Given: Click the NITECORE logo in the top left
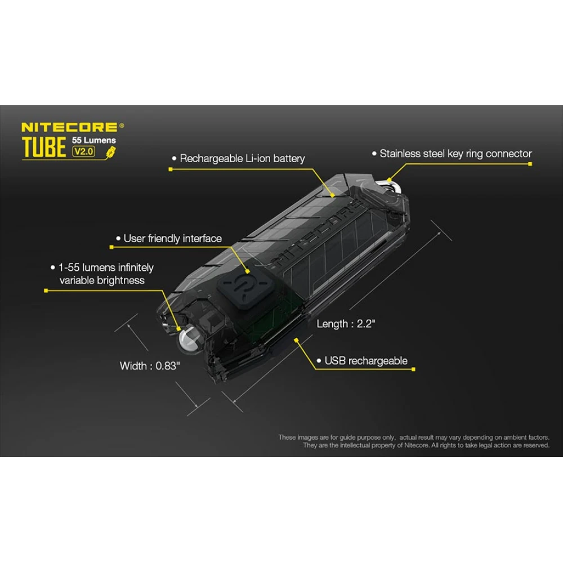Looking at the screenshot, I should tap(69, 128).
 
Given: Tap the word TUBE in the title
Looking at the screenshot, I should tap(44, 148).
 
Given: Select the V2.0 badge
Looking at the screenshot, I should tap(84, 151).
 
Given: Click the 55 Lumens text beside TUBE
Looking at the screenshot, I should tap(94, 140).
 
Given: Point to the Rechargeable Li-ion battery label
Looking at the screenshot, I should tap(242, 158).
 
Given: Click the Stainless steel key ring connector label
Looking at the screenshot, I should tap(455, 153).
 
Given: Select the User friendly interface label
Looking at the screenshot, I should tap(172, 239).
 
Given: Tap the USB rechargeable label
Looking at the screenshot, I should tap(366, 361).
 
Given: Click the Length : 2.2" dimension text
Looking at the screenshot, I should tap(346, 324).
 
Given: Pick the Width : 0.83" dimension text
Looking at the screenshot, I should tap(150, 366).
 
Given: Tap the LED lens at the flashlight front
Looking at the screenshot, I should tap(187, 339).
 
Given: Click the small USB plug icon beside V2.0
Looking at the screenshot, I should tap(111, 151).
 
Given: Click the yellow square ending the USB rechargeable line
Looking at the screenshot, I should tap(413, 370).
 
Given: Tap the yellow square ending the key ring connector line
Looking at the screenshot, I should tap(530, 164).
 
